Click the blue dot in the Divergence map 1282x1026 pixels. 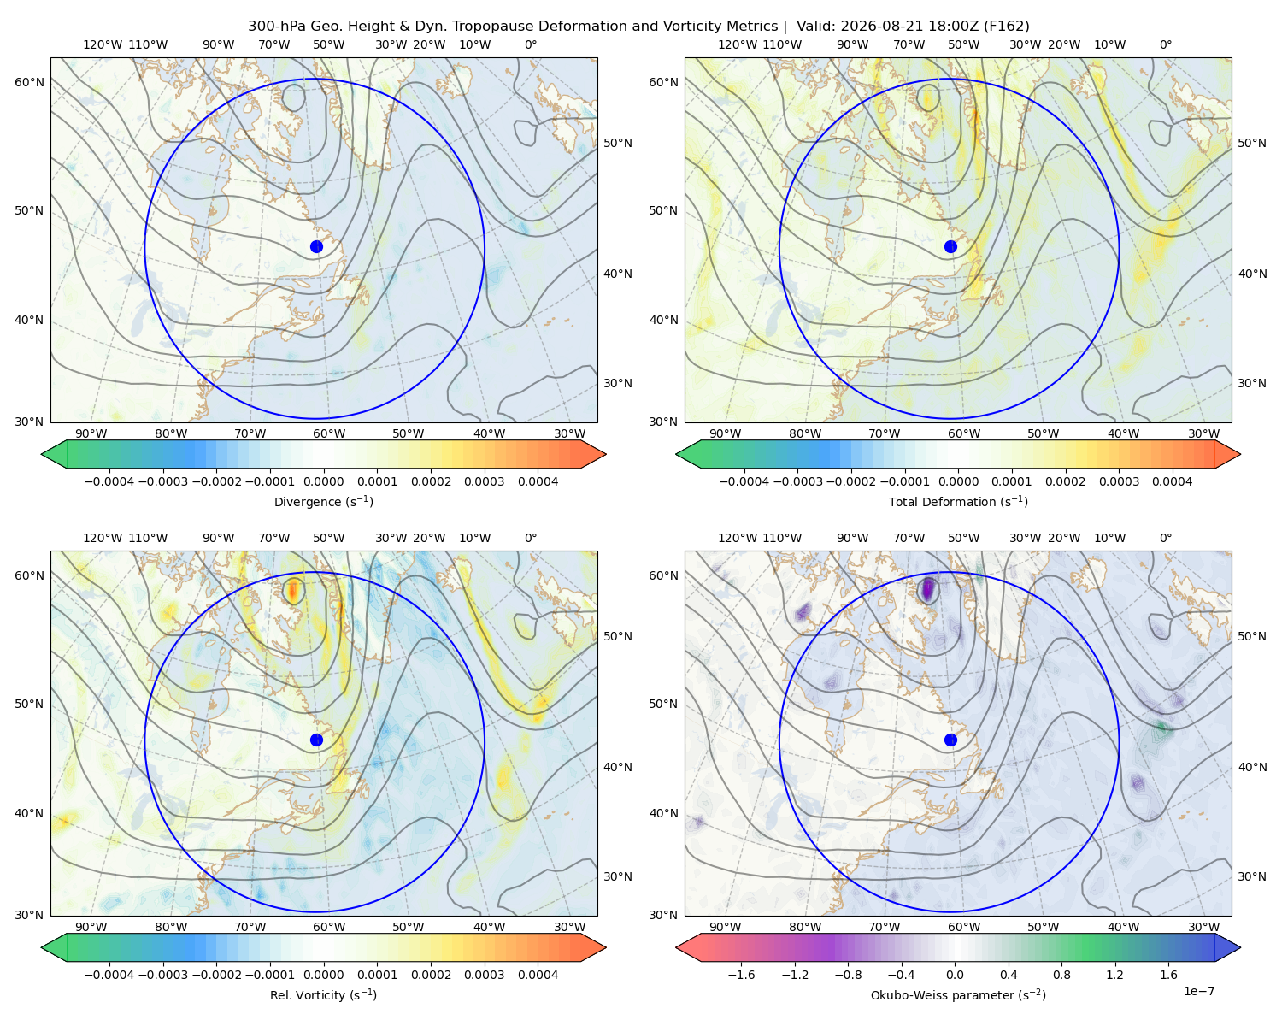click(x=316, y=246)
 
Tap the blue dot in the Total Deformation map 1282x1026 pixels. click(x=950, y=246)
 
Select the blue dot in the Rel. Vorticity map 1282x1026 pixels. click(x=316, y=740)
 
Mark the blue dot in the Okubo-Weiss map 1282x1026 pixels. click(x=950, y=740)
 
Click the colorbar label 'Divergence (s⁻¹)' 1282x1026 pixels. click(x=323, y=501)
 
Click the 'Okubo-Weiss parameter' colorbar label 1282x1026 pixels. click(x=933, y=995)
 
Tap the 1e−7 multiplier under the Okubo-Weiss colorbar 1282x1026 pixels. click(x=1198, y=991)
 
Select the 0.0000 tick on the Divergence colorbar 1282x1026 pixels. click(x=323, y=481)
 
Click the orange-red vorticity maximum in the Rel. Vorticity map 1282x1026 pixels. click(x=292, y=590)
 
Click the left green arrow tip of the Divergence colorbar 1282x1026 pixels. click(x=42, y=454)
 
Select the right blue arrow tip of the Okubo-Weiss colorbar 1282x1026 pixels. click(x=1240, y=947)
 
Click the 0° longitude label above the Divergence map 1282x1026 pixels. click(x=531, y=44)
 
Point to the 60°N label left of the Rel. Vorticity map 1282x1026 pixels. click(x=29, y=575)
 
